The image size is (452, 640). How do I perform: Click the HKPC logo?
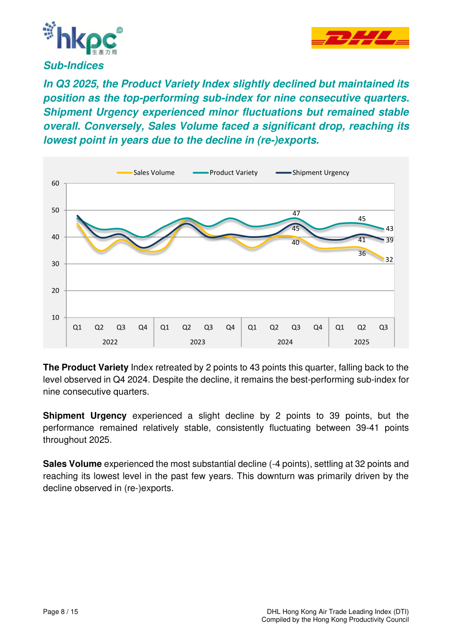[x=83, y=38]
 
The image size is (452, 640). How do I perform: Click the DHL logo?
[x=360, y=38]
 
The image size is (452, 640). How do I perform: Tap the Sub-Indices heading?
[x=73, y=65]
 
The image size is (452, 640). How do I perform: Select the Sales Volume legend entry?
[x=145, y=173]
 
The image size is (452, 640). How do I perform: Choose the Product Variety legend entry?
[x=226, y=173]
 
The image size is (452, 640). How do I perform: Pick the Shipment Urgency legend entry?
[x=312, y=173]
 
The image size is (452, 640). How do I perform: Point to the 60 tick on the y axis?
[x=56, y=183]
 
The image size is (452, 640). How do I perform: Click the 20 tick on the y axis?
[x=56, y=291]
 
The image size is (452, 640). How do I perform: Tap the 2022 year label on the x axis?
[x=110, y=342]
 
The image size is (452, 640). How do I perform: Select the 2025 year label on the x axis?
[x=362, y=342]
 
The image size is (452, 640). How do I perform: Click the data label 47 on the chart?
[x=296, y=213]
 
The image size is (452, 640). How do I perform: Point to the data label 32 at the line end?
[x=389, y=260]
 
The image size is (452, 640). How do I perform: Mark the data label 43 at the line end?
[x=390, y=229]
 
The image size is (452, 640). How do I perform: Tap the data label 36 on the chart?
[x=362, y=254]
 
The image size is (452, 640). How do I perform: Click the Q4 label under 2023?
[x=230, y=327]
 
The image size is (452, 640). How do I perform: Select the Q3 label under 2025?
[x=383, y=327]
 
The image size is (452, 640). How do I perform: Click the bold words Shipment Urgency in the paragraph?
[x=85, y=416]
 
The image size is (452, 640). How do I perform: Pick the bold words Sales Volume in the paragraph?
[x=72, y=464]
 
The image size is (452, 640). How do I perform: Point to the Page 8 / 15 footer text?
[x=60, y=611]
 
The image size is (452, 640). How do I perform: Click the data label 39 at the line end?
[x=390, y=240]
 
